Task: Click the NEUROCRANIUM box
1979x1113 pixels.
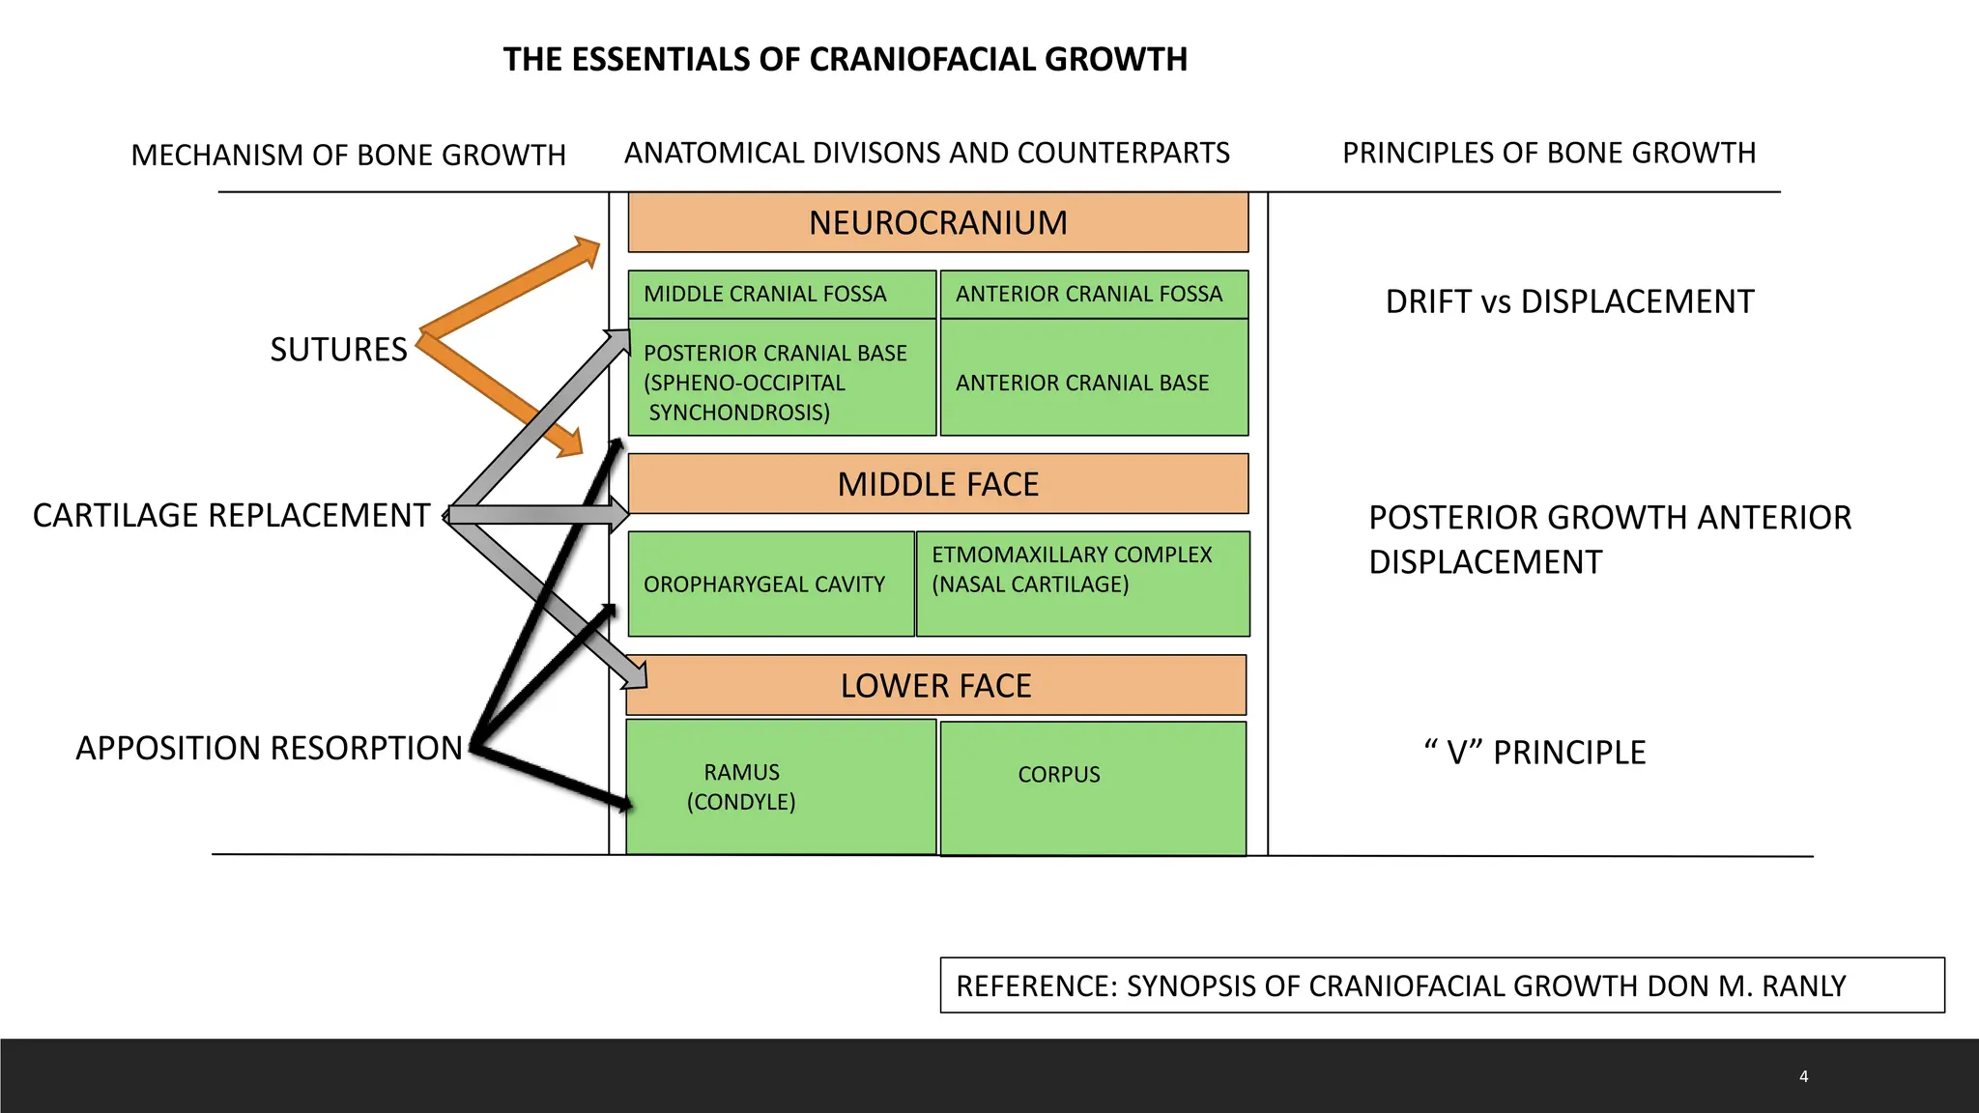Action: [x=937, y=223]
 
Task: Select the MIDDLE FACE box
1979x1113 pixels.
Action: [x=937, y=484]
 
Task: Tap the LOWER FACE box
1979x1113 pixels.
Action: [x=935, y=686]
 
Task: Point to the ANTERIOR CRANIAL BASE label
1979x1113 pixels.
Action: [x=1082, y=383]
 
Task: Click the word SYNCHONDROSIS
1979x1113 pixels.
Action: [x=739, y=413]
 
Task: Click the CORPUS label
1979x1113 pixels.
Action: [x=1059, y=775]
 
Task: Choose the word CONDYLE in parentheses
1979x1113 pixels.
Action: [x=741, y=802]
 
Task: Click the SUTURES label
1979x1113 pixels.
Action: [x=338, y=350]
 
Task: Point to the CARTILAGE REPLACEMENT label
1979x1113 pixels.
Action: [x=231, y=516]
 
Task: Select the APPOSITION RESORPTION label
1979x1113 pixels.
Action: [x=269, y=749]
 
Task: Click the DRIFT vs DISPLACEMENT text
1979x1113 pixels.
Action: [x=1569, y=301]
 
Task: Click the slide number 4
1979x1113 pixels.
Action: [x=1803, y=1076]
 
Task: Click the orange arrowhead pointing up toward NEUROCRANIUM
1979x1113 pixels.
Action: [x=586, y=251]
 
